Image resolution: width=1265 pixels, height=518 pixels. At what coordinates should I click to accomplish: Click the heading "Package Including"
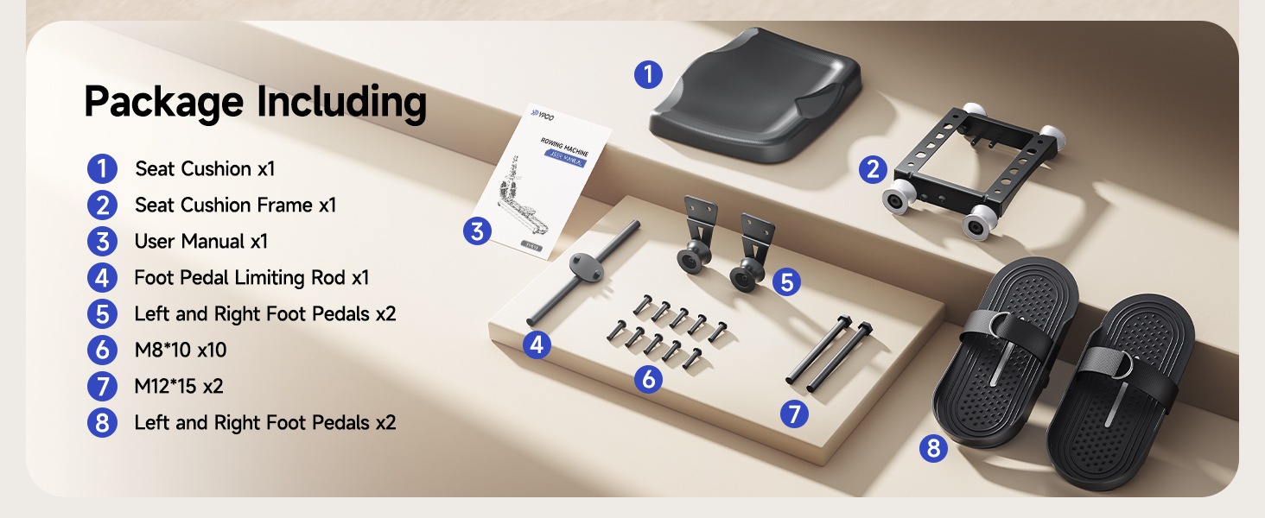tap(255, 103)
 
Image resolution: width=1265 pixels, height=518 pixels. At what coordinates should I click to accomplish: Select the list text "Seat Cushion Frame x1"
tap(235, 205)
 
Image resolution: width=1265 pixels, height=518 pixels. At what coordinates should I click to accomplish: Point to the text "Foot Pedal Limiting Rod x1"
tap(251, 278)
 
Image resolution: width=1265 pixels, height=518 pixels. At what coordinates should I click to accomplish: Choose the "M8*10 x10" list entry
tap(181, 351)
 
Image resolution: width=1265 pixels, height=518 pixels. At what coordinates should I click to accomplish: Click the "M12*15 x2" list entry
tap(178, 387)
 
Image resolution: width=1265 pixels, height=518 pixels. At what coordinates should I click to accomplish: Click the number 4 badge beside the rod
tap(537, 345)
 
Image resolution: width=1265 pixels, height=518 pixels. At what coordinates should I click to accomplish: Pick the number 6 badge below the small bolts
tap(648, 378)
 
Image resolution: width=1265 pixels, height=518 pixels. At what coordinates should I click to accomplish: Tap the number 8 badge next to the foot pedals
tap(933, 448)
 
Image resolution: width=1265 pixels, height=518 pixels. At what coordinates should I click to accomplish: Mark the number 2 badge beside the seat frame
tap(873, 169)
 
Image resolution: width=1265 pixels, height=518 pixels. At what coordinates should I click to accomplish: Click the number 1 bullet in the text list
tap(102, 169)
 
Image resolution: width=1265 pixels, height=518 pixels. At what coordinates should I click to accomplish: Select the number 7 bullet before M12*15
tap(102, 387)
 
